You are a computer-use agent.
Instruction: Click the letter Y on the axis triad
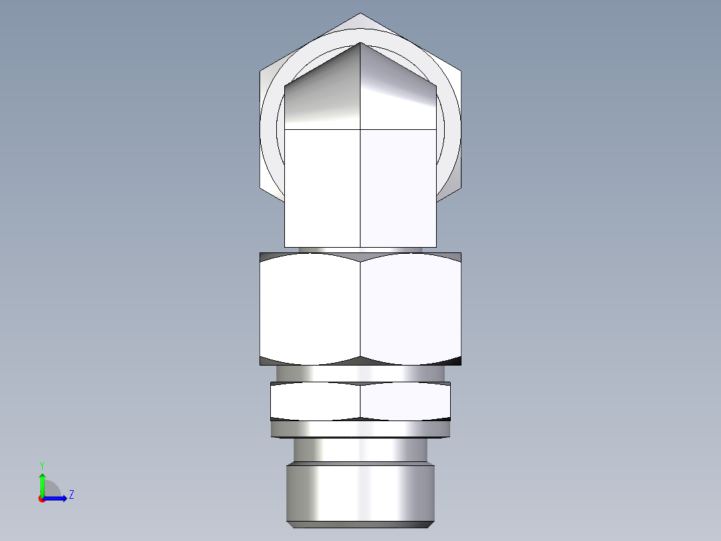tap(41, 465)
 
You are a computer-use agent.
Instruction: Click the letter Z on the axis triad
tap(71, 495)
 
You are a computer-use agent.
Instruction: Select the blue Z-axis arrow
tap(58, 497)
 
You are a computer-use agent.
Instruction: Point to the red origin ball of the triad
tap(41, 498)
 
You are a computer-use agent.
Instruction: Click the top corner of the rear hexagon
tap(360, 14)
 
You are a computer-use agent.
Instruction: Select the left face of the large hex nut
tap(310, 308)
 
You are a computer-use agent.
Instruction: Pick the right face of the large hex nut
tap(411, 308)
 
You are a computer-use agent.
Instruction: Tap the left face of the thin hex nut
tap(315, 402)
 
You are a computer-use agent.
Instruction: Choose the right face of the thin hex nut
tap(405, 402)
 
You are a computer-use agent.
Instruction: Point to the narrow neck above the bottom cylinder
tap(360, 449)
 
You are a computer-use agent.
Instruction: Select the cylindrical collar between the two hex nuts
tap(360, 373)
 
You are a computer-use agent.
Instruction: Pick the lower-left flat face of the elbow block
tap(322, 187)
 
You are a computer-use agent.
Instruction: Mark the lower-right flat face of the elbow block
tap(399, 187)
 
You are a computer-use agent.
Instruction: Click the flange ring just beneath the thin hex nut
tap(360, 429)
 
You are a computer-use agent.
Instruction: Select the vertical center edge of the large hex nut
tap(360, 308)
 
